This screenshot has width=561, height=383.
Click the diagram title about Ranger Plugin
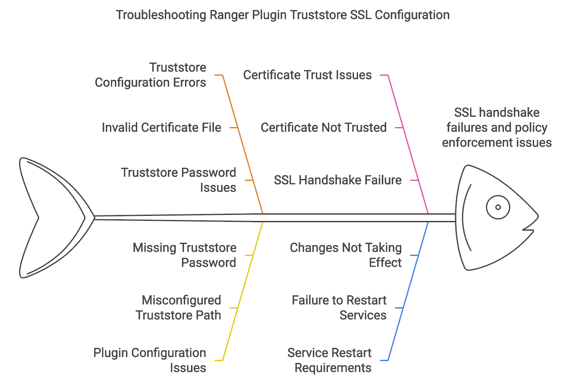click(283, 15)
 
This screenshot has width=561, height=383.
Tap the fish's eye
click(498, 207)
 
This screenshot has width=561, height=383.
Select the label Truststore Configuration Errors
click(150, 75)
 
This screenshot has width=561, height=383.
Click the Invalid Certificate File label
click(162, 128)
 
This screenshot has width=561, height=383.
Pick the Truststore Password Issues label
click(178, 180)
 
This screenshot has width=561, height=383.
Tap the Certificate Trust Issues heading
click(307, 75)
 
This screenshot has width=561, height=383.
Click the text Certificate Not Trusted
click(324, 128)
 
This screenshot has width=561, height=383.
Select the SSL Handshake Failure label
click(338, 180)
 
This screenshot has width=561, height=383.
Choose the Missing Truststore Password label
click(184, 255)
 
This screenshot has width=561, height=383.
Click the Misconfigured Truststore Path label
click(178, 308)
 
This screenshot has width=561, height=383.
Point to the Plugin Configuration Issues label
click(150, 360)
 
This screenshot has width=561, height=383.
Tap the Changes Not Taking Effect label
click(346, 255)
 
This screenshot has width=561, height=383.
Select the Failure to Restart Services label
click(339, 308)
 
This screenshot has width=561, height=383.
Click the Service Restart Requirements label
click(329, 360)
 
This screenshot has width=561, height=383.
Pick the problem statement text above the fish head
click(497, 128)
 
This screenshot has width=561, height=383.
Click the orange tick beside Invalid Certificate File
click(234, 128)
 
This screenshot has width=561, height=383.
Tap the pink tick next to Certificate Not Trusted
click(399, 128)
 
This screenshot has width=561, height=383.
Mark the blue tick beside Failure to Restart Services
click(399, 308)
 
